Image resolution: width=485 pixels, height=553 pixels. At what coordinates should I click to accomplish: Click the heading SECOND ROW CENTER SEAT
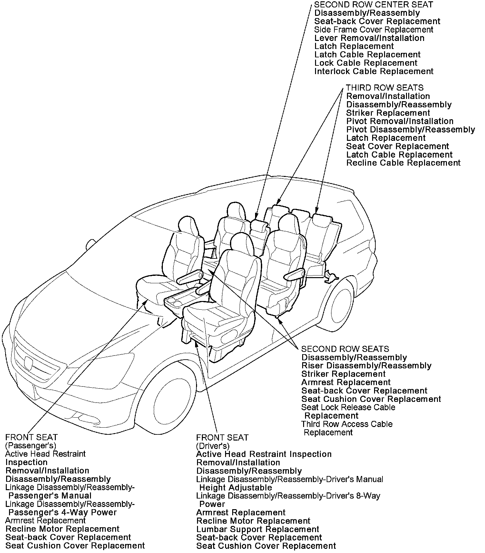tap(373, 5)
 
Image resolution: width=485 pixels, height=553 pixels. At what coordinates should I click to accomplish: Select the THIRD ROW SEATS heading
tap(385, 88)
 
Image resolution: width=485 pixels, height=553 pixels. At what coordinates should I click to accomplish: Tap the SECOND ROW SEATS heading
tap(345, 349)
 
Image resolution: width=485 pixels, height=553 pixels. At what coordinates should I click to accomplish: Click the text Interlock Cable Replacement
tap(374, 71)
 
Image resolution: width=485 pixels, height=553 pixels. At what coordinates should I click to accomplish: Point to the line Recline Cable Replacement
tap(403, 163)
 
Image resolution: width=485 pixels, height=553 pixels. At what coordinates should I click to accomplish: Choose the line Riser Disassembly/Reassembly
tap(366, 366)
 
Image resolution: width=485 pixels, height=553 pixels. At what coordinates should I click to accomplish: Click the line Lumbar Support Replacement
tap(258, 529)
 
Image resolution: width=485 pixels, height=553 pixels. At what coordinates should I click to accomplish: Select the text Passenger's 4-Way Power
tap(63, 512)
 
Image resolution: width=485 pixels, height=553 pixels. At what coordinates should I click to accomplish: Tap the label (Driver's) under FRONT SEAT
tap(213, 446)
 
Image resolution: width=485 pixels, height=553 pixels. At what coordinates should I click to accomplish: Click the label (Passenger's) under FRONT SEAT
tap(31, 446)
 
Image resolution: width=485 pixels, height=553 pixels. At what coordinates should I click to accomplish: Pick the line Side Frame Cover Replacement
tap(374, 30)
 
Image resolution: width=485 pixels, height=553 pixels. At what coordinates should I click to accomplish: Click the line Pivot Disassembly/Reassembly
tap(411, 130)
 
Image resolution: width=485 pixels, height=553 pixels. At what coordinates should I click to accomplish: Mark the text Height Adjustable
tap(236, 488)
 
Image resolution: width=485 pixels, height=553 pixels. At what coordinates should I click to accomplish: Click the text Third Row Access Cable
tap(347, 424)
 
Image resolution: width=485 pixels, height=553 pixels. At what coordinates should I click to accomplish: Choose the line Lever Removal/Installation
tap(369, 38)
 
